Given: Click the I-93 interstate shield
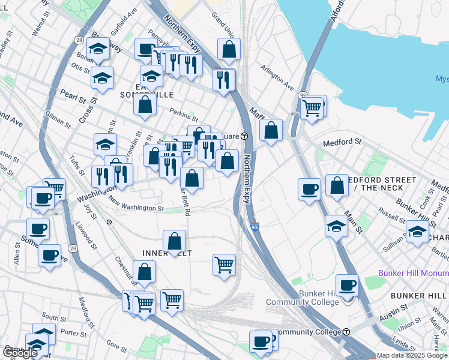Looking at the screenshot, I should [x=255, y=227].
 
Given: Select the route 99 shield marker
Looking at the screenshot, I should [x=303, y=95].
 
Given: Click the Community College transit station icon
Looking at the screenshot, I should [x=346, y=332].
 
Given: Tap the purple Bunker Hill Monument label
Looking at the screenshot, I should [x=413, y=273].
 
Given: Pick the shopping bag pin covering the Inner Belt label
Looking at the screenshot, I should [x=174, y=242].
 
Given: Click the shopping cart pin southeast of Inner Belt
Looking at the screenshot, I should [x=224, y=265].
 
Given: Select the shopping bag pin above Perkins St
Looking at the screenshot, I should [x=145, y=105].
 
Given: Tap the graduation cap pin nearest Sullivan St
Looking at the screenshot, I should [x=417, y=232].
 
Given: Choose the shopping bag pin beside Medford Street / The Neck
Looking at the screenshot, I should [x=337, y=185].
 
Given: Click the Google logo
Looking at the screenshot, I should [x=20, y=352].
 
